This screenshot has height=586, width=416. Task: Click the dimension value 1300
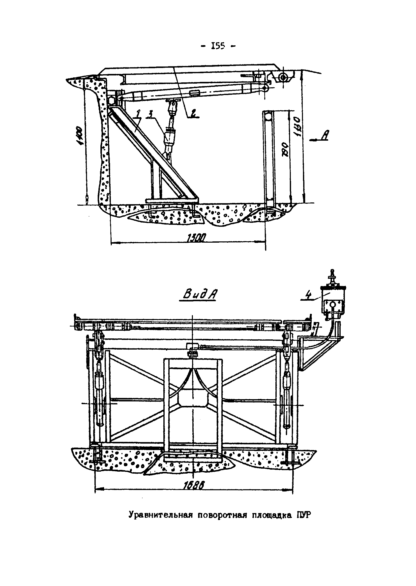click(197, 239)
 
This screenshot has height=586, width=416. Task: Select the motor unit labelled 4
click(333, 299)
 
